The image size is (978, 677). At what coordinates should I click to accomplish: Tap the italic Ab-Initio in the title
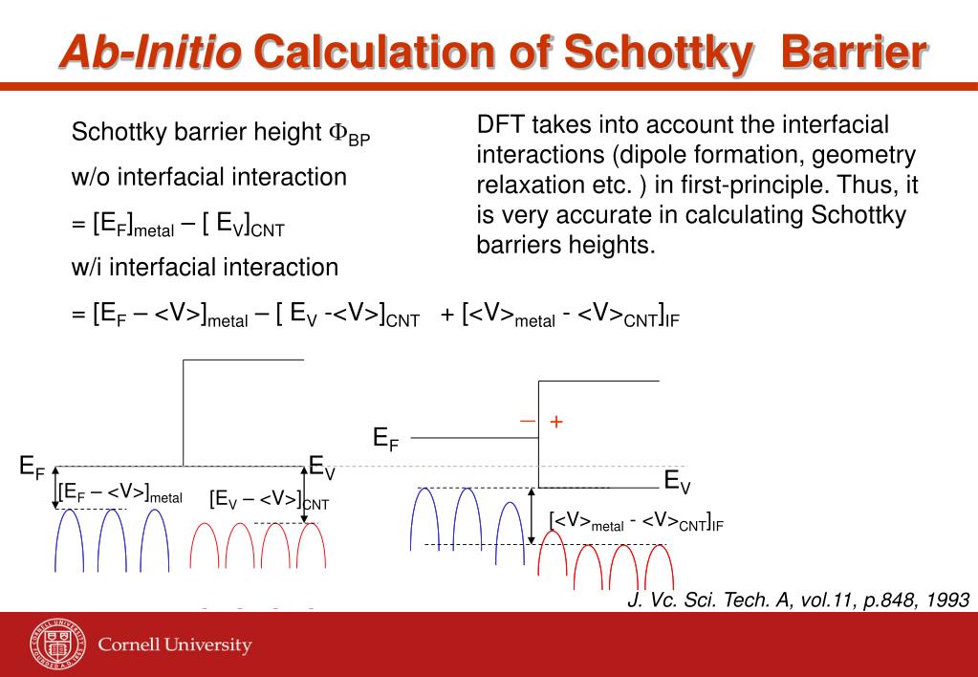(x=150, y=52)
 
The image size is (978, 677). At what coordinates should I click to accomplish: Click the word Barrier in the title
(x=854, y=52)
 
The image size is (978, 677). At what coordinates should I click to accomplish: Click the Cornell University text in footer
(x=175, y=644)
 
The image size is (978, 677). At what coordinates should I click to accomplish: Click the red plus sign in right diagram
(x=555, y=421)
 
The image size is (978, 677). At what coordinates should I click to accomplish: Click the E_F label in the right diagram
(x=385, y=439)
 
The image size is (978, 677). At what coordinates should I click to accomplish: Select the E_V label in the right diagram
(x=677, y=481)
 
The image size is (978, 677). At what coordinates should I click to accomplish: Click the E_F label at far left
(x=32, y=468)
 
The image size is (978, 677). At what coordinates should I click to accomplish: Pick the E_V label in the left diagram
(x=322, y=469)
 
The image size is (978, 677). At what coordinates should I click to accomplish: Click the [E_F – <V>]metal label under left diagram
(x=120, y=492)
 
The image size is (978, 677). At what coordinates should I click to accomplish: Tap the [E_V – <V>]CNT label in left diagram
(x=269, y=499)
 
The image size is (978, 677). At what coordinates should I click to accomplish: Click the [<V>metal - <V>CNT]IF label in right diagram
(x=636, y=521)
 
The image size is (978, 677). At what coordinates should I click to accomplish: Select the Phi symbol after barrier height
(x=337, y=133)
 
